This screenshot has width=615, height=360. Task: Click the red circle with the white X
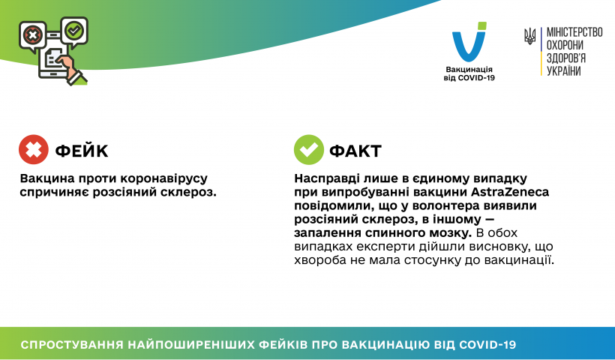tap(34, 149)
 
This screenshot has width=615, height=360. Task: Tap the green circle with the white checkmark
tap(309, 149)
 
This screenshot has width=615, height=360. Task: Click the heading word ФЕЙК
tap(82, 151)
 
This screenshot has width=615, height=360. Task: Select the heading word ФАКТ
tap(355, 151)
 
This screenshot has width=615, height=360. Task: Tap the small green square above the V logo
tap(482, 26)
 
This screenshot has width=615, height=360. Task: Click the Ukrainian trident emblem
tap(530, 37)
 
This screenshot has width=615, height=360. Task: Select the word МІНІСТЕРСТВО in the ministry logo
tap(574, 32)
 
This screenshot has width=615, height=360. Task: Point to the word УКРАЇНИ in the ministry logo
tap(563, 71)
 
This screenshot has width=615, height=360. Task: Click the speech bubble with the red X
tap(33, 37)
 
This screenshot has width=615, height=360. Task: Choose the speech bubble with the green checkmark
tap(74, 31)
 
